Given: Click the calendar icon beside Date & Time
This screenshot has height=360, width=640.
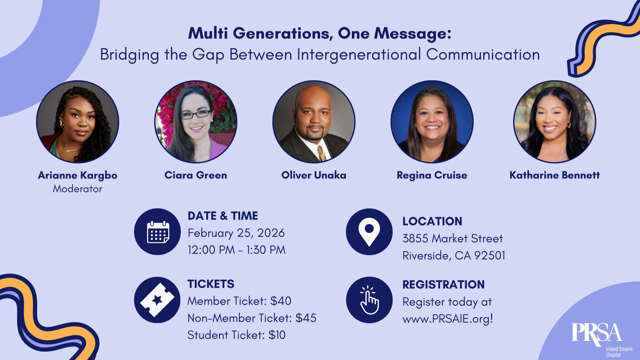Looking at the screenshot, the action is (x=158, y=232).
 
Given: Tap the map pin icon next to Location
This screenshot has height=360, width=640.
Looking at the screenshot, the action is (x=369, y=232).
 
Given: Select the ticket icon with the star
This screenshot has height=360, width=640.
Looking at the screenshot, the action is (x=157, y=300).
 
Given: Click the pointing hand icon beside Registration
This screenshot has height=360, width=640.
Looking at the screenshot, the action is (x=370, y=300).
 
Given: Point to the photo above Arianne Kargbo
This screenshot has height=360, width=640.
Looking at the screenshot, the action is (x=77, y=122).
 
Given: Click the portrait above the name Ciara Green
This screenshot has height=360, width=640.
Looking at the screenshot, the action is (x=196, y=122).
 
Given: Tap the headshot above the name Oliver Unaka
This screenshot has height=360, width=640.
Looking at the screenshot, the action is (x=314, y=122).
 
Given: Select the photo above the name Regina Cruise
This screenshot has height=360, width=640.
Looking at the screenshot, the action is (x=432, y=122).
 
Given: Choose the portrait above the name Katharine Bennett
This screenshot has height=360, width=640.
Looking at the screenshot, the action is (x=554, y=122).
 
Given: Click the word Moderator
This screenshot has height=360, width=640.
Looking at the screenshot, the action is (x=77, y=189).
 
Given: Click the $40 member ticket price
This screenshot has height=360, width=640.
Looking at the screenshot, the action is (x=281, y=301).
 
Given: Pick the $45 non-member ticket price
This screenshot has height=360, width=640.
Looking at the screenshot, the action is (x=306, y=318).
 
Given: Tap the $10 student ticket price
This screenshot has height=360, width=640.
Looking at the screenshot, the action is (x=277, y=335).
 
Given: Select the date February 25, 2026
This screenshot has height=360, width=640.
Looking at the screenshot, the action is (x=236, y=233).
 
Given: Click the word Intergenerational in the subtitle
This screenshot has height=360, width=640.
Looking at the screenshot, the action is (x=359, y=54).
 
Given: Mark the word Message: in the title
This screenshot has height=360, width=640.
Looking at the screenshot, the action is (x=413, y=34).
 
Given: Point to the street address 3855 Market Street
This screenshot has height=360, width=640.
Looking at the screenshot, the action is (x=452, y=238).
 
